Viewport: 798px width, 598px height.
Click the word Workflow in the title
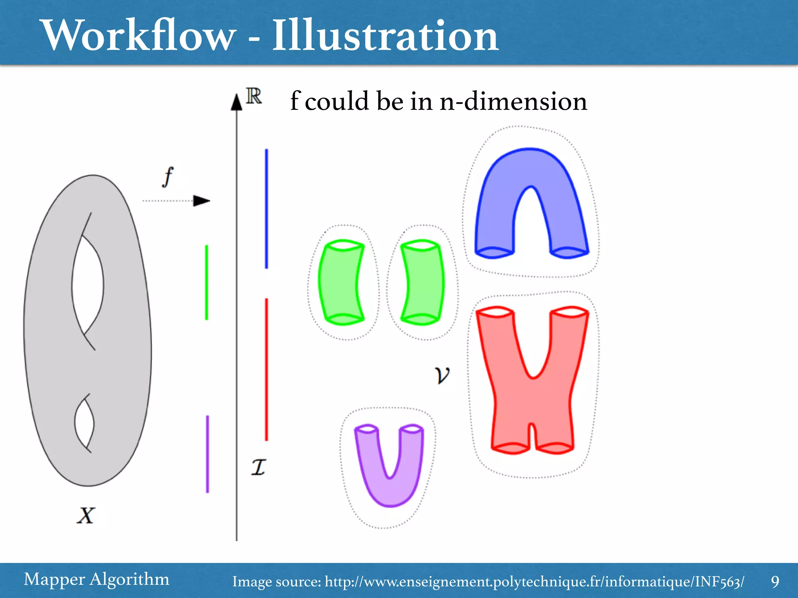coord(138,36)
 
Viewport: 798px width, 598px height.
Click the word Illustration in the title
coord(385,36)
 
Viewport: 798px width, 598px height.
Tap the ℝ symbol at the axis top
coord(254,96)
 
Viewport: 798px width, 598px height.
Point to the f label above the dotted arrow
coord(168,177)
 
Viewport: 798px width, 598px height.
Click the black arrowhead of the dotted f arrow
coord(201,201)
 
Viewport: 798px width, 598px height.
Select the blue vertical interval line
coord(267,208)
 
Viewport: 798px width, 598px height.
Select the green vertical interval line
coord(207,282)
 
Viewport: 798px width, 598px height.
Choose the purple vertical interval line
coord(207,454)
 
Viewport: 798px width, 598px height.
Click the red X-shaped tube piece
coord(532,401)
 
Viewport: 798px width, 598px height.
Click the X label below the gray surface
coord(86,515)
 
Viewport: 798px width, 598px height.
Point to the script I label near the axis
coord(258,467)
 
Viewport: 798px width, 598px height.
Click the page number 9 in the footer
coord(775,581)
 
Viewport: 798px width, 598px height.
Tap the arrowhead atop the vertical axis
coord(237,102)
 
